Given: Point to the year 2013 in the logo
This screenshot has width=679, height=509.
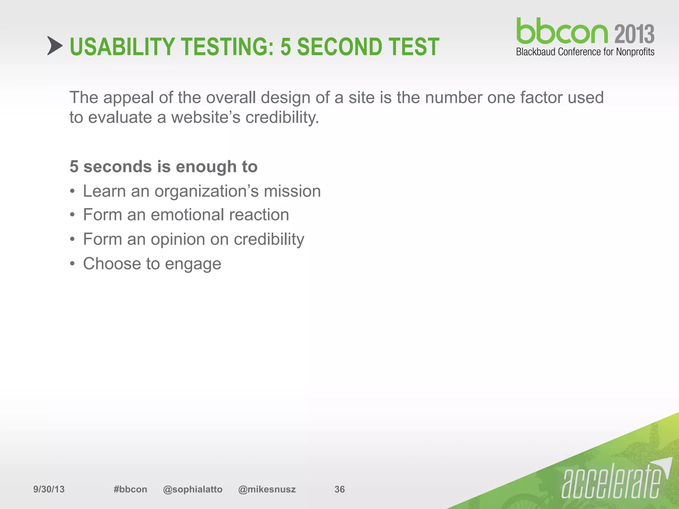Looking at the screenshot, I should [634, 34].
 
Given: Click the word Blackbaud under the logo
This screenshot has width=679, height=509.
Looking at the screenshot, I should [536, 52].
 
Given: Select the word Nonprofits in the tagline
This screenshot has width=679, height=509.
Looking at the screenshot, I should [635, 52].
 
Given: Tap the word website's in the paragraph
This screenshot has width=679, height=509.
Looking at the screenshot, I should [206, 117].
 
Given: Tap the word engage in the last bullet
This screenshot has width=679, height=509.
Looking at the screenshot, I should [193, 264].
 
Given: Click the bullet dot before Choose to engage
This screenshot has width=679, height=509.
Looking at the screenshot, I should [72, 264].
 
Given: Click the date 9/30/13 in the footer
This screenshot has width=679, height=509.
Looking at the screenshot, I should [49, 489].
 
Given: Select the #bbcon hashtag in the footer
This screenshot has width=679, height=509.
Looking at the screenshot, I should [130, 489].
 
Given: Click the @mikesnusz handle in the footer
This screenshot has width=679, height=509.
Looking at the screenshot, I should [267, 489].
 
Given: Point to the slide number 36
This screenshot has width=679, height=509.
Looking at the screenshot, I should [339, 489].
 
